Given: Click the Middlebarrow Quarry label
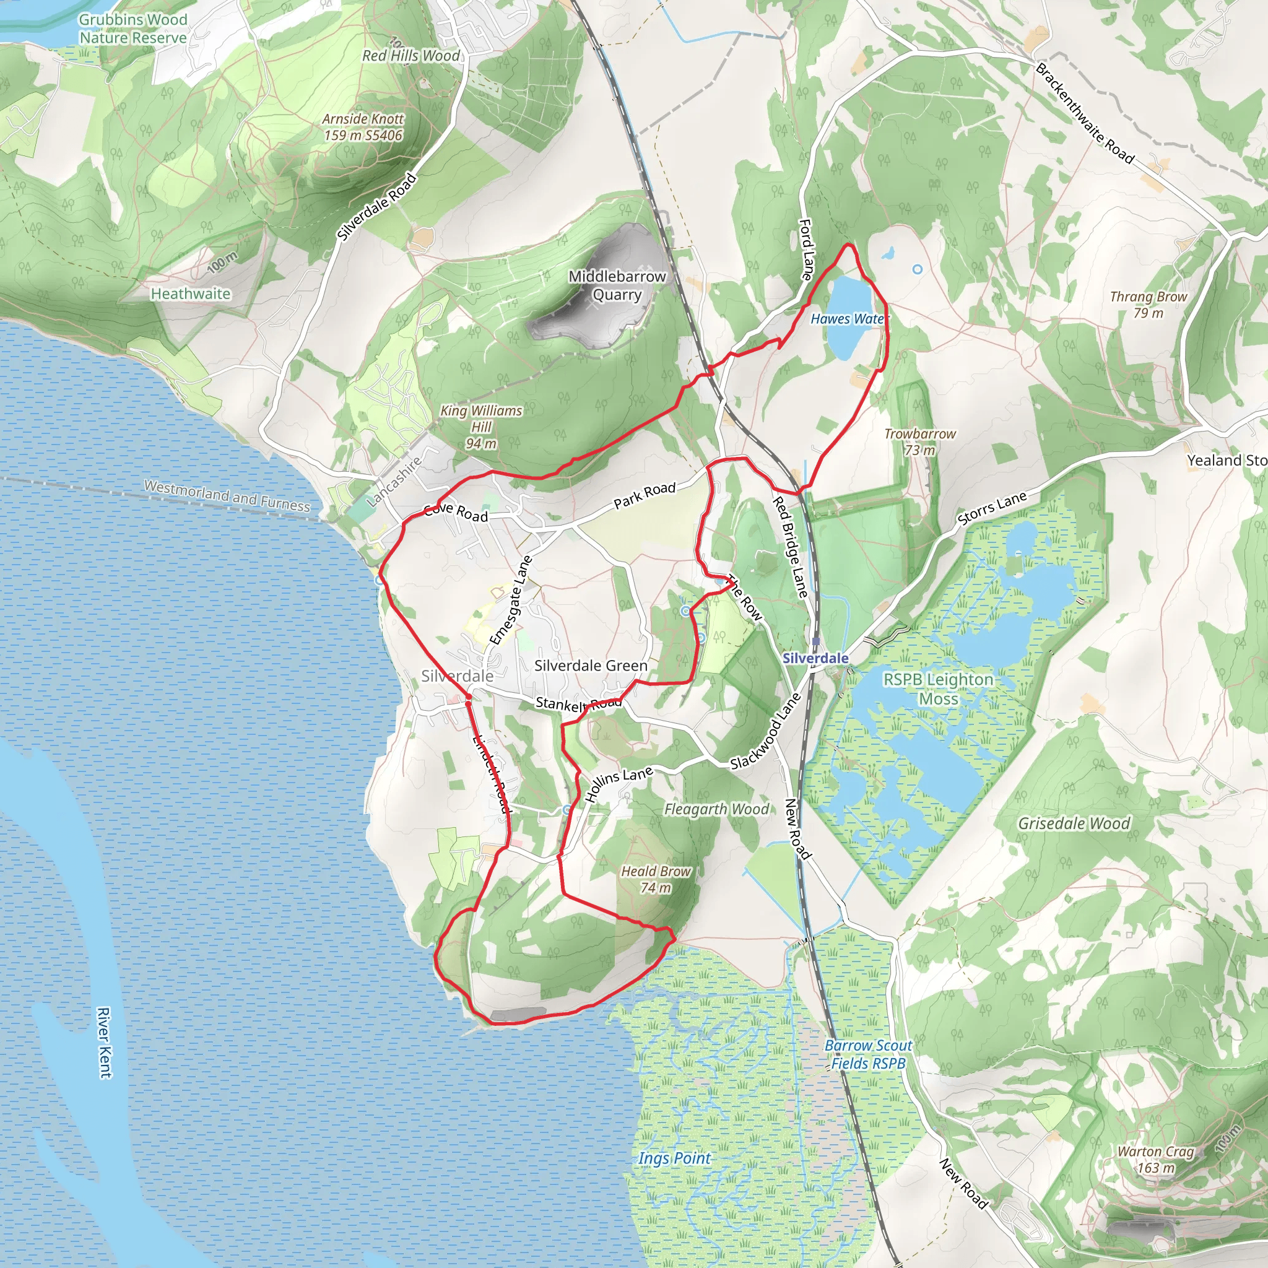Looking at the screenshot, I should coord(617,285).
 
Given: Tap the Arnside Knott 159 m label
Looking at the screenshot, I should coord(363,128).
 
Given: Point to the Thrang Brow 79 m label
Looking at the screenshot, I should coord(1148,305).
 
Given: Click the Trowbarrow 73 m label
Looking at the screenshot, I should coord(919,441).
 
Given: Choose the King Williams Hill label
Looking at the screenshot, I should coord(481,427).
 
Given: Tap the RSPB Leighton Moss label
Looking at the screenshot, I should coord(938,688).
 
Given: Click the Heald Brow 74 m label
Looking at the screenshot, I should coord(656,879).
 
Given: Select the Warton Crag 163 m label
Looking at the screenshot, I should coord(1156,1160).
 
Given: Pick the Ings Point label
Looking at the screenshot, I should coord(674,1158).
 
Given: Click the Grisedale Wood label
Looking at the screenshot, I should coord(1074,823).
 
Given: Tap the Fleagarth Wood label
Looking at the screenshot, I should coord(716,809).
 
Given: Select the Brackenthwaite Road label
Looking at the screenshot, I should coord(1084,113).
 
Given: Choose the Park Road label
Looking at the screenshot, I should coord(645,495).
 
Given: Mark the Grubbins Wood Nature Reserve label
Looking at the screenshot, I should coord(133,29).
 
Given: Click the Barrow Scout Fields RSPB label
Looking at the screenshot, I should coord(867,1054).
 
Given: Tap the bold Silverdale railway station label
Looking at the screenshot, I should coord(815,658).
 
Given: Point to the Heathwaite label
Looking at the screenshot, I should coord(190,294).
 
